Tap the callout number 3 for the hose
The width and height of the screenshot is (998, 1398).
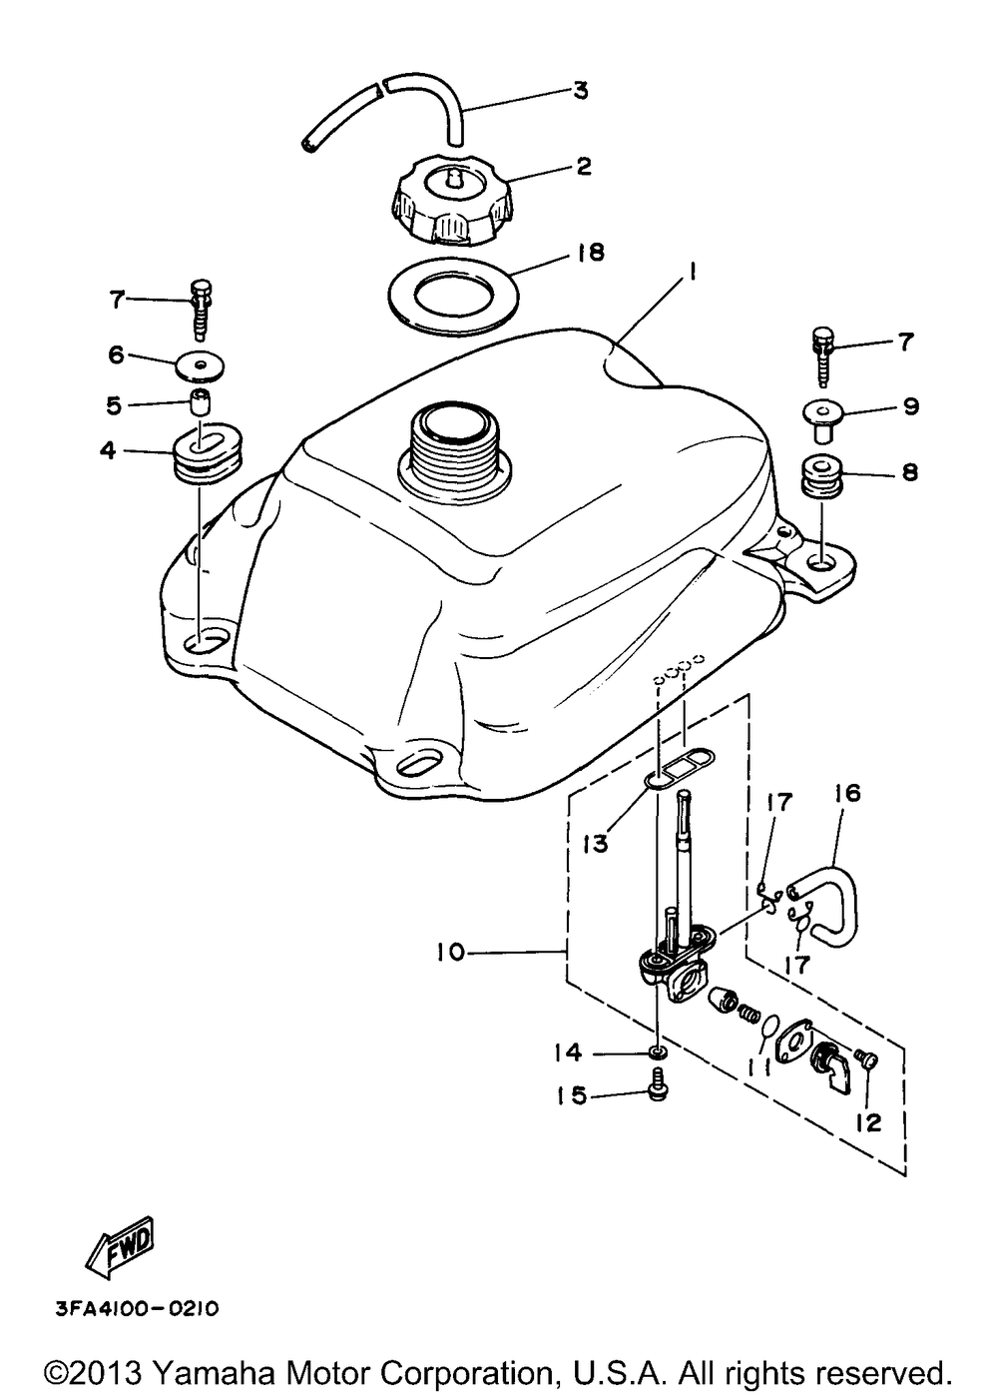tap(580, 91)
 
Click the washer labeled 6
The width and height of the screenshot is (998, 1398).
tap(199, 364)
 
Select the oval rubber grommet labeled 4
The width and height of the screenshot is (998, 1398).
tap(204, 454)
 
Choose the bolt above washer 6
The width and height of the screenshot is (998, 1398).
tap(201, 310)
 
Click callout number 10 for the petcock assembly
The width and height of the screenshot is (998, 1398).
tap(450, 971)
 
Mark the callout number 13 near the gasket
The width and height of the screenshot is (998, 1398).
tap(596, 845)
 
